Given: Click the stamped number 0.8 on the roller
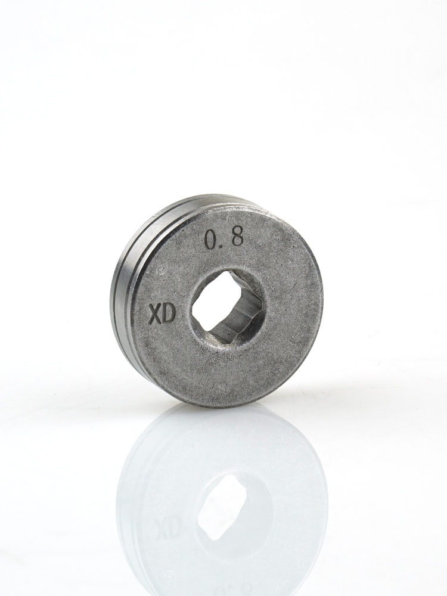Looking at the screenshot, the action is point(224,239).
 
